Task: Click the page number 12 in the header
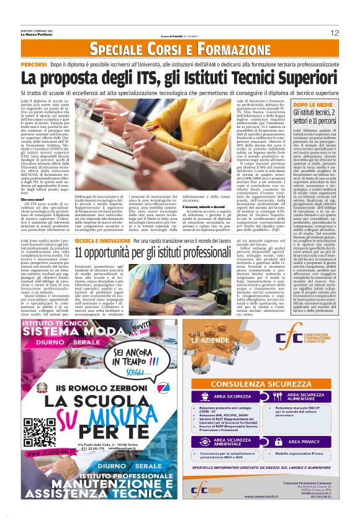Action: click(x=334, y=33)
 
